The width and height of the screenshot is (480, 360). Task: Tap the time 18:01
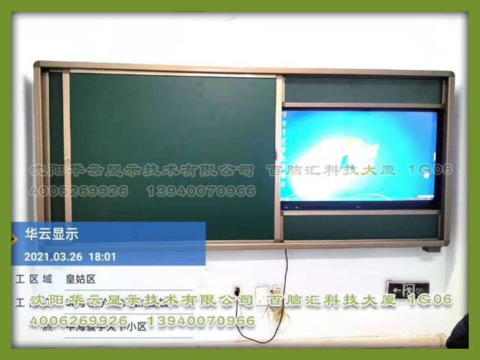(x=103, y=256)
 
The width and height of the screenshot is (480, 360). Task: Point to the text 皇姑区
(x=81, y=279)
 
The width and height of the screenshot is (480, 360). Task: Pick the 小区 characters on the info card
(x=136, y=326)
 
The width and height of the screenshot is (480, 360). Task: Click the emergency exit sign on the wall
(x=406, y=288)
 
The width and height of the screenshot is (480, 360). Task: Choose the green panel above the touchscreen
(x=363, y=90)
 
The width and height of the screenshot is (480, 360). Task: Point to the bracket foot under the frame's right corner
(x=431, y=248)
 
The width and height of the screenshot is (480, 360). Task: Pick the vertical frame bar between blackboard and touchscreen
(x=279, y=157)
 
